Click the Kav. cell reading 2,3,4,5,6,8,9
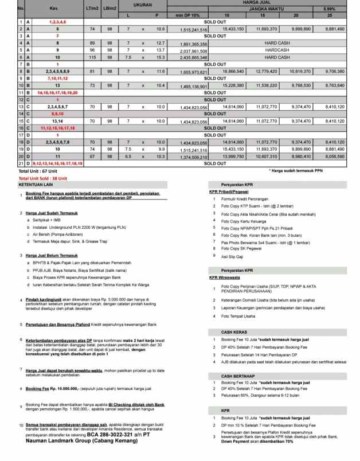tap(57, 71)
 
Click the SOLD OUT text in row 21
tap(215, 163)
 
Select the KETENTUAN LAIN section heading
tap(36, 185)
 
